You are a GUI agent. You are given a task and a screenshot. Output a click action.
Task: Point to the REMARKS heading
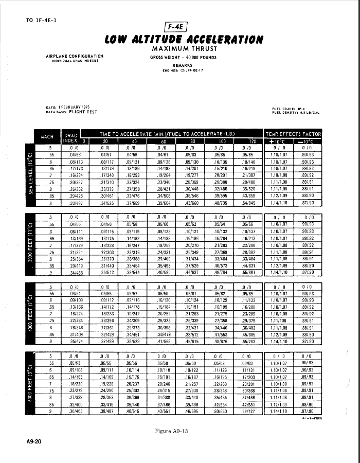182,65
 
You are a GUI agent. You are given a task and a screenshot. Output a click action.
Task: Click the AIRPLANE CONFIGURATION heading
75,56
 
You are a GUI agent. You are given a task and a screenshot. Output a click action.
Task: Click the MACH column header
47,137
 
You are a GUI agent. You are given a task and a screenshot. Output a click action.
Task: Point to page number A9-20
34,441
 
